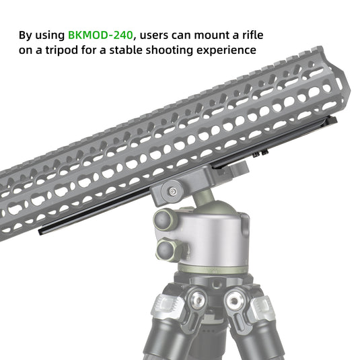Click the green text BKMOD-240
101,34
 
